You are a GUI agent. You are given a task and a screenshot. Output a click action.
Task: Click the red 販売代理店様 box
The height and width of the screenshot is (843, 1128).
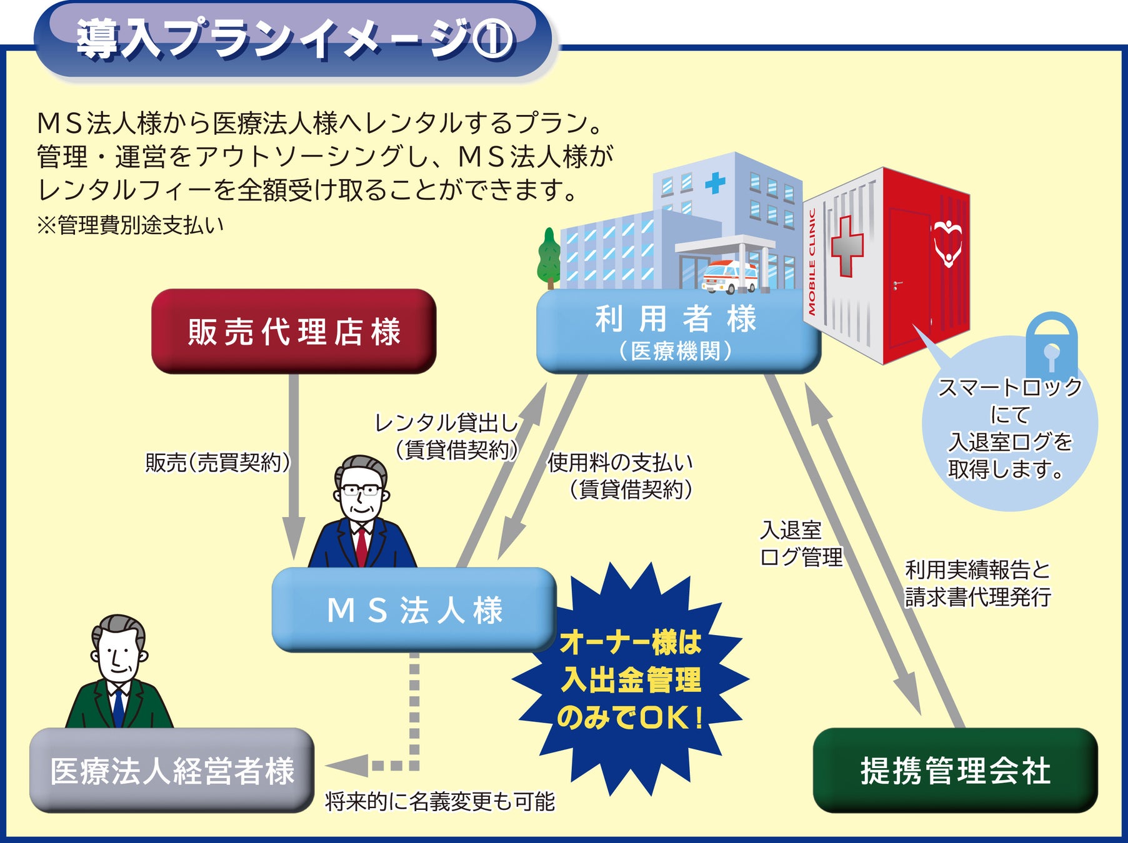(x=294, y=331)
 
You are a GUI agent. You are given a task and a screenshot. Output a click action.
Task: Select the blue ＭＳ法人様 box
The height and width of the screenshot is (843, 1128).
(x=414, y=609)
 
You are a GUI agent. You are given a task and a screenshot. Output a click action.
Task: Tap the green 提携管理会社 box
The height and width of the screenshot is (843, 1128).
(x=955, y=770)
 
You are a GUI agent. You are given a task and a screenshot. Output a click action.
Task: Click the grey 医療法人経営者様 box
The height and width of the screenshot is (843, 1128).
(x=172, y=770)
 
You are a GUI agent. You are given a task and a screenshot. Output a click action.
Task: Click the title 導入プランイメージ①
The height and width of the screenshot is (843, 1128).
(x=294, y=39)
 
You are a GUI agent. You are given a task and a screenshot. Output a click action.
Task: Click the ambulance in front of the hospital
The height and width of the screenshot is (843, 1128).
(x=729, y=277)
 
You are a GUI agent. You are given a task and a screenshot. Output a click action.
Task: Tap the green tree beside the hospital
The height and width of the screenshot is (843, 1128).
(x=549, y=257)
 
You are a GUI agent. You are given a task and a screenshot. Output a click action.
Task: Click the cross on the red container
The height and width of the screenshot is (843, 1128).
(x=847, y=246)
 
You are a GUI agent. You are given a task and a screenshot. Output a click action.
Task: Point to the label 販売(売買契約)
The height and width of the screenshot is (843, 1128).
(x=218, y=463)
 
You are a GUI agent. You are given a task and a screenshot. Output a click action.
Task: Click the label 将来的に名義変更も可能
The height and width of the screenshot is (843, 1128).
(x=439, y=801)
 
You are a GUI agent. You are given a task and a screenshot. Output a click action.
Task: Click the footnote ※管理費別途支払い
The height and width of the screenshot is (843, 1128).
(x=130, y=225)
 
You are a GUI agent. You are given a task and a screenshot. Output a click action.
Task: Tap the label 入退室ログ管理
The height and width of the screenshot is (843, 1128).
(x=801, y=543)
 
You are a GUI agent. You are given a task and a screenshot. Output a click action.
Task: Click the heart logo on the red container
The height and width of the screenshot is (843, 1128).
(x=947, y=243)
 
